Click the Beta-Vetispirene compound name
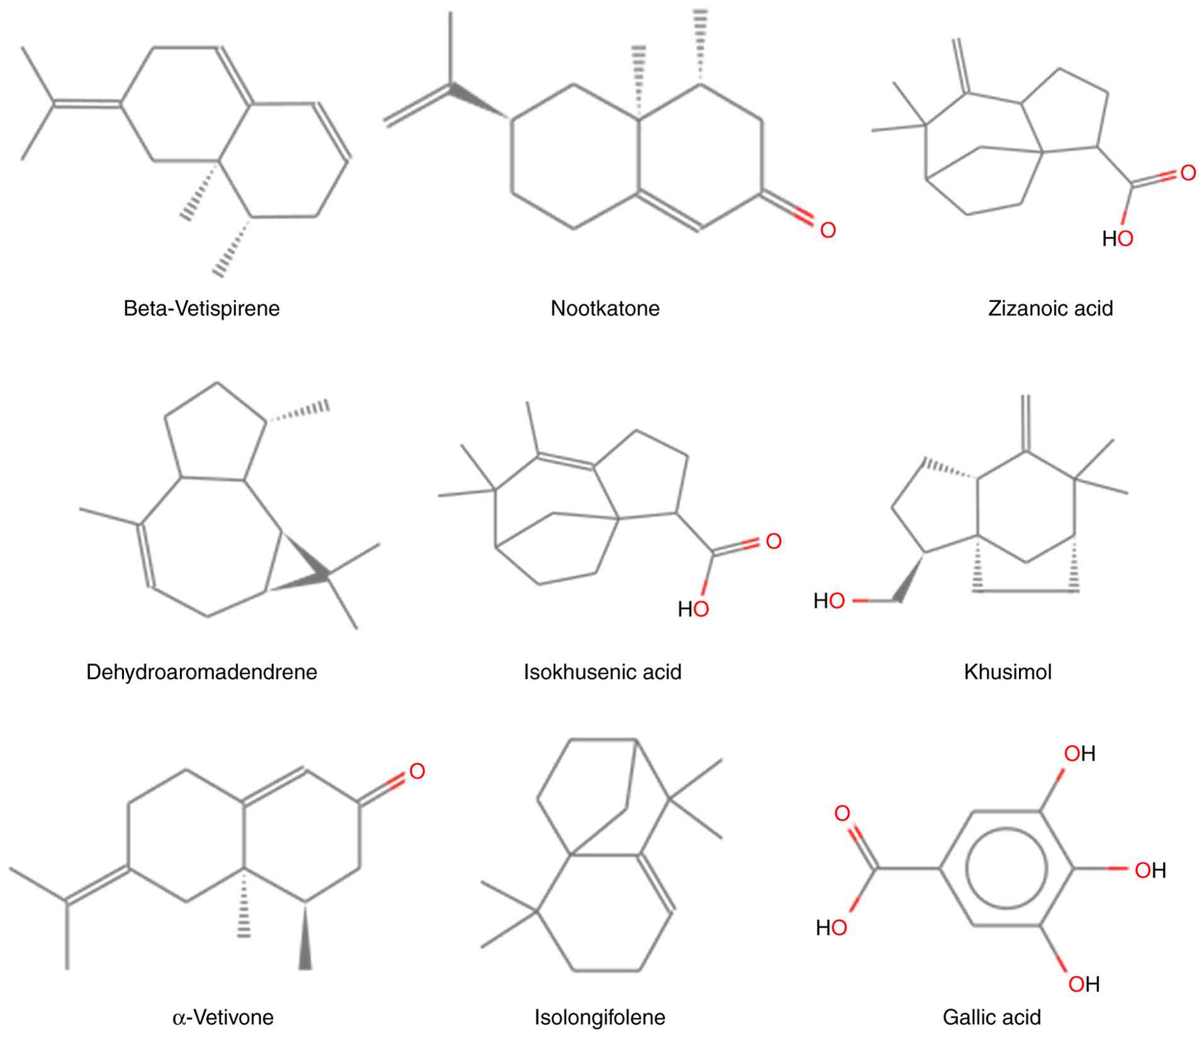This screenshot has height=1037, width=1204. point(201,308)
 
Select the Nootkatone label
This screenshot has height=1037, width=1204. point(605,308)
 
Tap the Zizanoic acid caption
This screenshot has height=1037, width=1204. point(1050,308)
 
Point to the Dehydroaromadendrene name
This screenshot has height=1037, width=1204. point(201,672)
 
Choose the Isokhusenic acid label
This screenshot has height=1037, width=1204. point(602,672)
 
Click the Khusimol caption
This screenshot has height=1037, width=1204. point(1008,672)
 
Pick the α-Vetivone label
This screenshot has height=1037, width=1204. point(223,1017)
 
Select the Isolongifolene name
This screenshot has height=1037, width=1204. point(600,1017)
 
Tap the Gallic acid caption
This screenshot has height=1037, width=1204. point(992,1017)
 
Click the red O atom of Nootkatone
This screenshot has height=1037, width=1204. point(828,230)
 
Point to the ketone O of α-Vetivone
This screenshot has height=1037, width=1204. point(417,771)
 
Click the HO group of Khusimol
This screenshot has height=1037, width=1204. point(829,601)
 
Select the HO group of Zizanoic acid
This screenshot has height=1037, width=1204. point(1118,238)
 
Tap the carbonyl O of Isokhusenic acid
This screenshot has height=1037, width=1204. point(774,541)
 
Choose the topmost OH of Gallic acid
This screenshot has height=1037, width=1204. point(1079,753)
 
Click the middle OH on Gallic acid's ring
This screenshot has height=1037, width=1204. point(1150,870)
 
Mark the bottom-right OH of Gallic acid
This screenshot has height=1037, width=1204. point(1084,984)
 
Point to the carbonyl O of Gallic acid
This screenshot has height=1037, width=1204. point(842,813)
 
